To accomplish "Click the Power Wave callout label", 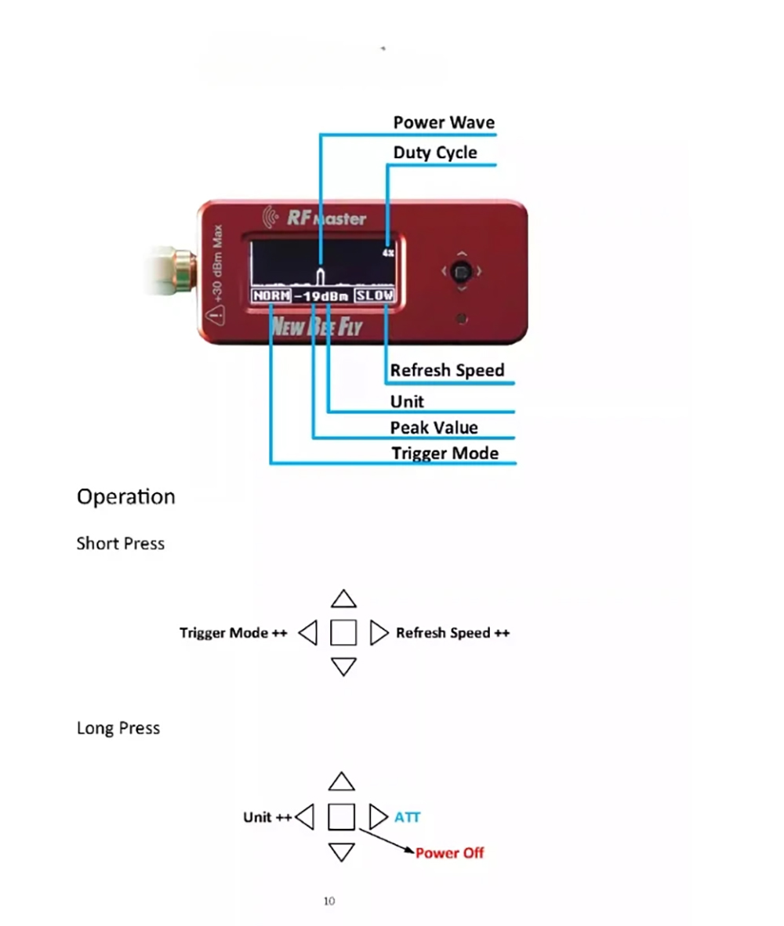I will point(444,122).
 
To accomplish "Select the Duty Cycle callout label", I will point(435,152).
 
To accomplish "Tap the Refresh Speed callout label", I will point(447,370).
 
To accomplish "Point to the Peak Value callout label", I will point(434,427).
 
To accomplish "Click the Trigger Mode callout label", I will point(445,453).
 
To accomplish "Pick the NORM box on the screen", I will point(271,296).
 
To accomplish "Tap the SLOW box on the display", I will point(375,296).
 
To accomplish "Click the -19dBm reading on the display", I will point(322,297).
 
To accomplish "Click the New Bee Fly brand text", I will point(316,325).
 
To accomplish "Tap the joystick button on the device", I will point(462,273).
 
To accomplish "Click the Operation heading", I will point(125,497).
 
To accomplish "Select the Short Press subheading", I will point(120,543).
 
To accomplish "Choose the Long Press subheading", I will point(118,728).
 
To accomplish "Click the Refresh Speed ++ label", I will point(452,632).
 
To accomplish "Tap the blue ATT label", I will point(407,817).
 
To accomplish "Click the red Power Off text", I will point(449,852).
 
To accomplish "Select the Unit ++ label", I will point(267,817).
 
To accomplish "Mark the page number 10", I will point(329,901).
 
